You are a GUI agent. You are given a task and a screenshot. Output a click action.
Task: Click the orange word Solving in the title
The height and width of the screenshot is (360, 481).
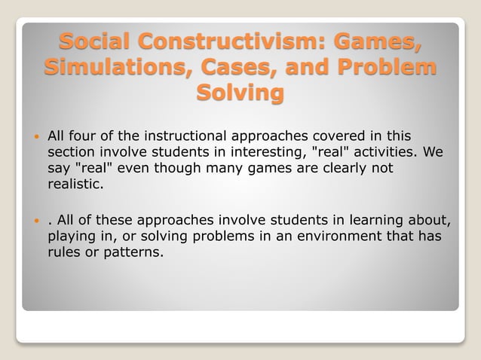click(240, 93)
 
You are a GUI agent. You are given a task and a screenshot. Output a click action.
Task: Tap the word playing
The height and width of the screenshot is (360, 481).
click(71, 236)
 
